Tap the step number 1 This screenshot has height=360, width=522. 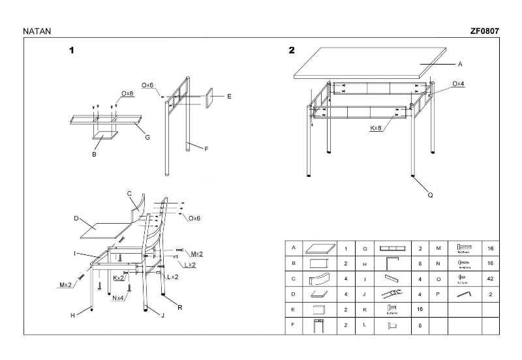[x=72, y=50]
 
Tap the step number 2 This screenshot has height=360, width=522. [x=292, y=50]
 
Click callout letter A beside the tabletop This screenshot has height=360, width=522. [x=459, y=64]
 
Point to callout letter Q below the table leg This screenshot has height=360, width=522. [x=430, y=194]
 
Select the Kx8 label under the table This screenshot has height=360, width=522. [x=376, y=128]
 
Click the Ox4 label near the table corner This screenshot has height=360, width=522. [x=458, y=84]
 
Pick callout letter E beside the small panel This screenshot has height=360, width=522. [x=229, y=97]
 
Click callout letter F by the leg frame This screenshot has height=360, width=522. [x=206, y=149]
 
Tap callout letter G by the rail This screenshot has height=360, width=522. [x=147, y=137]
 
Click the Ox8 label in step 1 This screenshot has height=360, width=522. [x=127, y=94]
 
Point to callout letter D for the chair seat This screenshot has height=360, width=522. [x=76, y=218]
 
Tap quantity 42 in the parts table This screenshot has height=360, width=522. [x=491, y=279]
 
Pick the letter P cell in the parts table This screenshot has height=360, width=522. [x=438, y=294]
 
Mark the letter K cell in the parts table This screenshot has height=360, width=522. [x=365, y=309]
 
